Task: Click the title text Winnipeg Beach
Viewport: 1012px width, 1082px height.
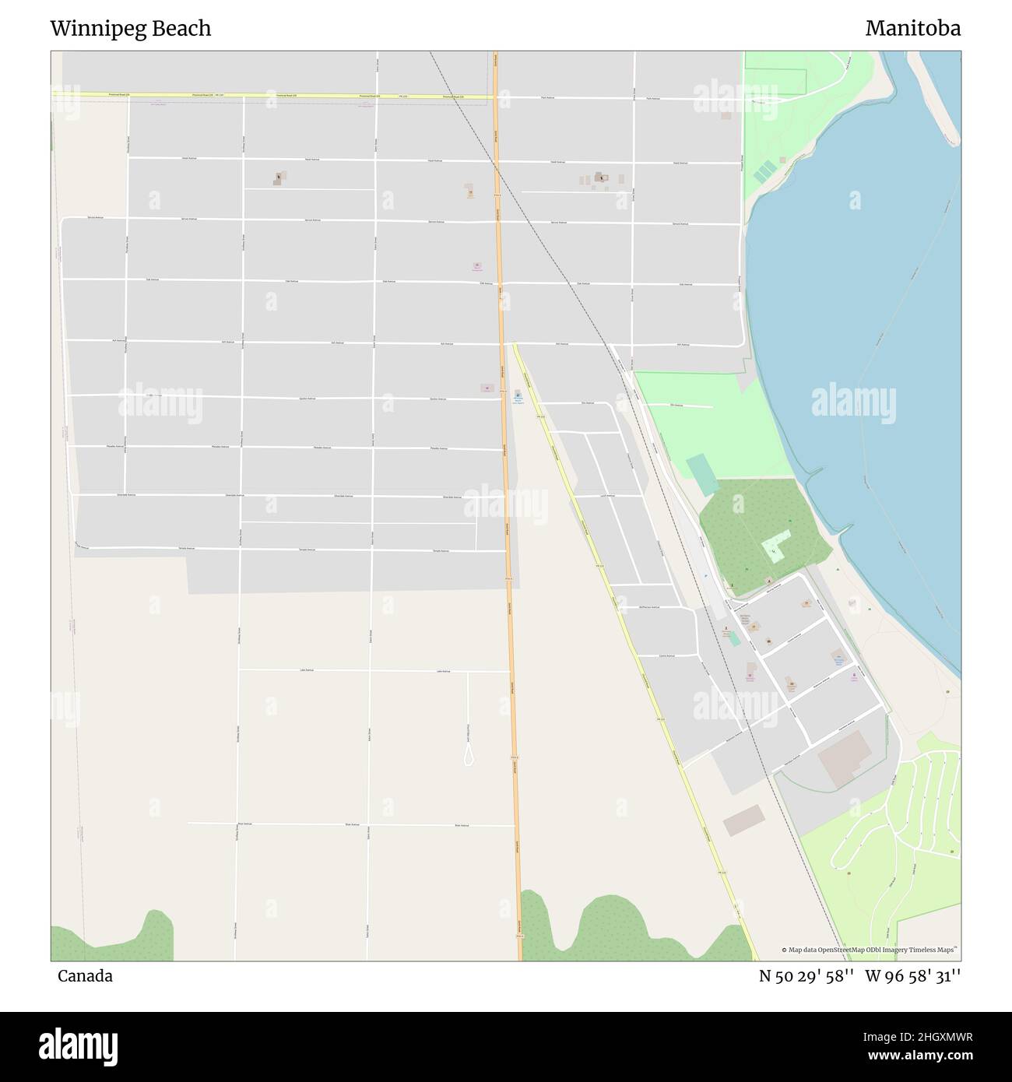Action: click(130, 29)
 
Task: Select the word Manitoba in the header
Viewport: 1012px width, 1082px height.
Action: click(912, 29)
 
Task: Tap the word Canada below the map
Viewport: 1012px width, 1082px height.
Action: click(85, 976)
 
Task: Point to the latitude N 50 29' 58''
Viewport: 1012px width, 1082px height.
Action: click(806, 976)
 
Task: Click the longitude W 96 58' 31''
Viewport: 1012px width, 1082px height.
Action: click(913, 976)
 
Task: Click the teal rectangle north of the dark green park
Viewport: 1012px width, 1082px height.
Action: click(703, 474)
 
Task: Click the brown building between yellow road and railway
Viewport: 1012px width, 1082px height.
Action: click(743, 821)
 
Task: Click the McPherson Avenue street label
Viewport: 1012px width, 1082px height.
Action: click(648, 606)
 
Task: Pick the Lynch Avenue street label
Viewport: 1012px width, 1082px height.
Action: click(607, 495)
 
